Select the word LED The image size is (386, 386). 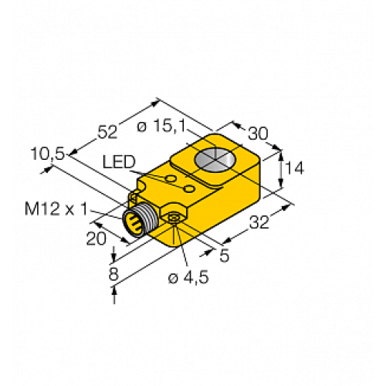click(120, 162)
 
